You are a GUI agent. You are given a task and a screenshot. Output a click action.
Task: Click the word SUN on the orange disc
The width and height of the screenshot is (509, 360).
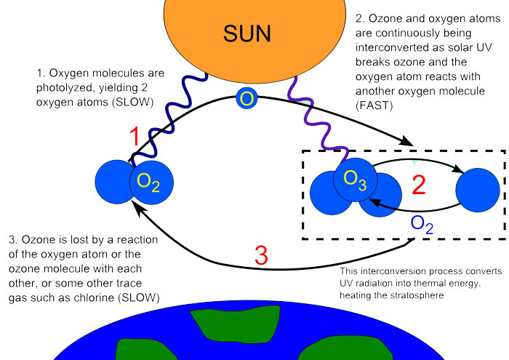point(247,33)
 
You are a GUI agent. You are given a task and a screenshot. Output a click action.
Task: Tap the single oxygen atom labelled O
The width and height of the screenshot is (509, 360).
point(247,98)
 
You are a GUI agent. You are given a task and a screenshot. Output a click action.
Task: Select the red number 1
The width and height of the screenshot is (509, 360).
point(135,137)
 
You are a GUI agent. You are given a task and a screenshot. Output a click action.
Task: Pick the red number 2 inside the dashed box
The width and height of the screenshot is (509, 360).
point(418,185)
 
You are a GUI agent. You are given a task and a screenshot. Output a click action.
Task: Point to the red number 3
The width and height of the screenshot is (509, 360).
point(261,255)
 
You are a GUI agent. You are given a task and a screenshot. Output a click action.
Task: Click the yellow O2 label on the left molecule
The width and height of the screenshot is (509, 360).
point(148,182)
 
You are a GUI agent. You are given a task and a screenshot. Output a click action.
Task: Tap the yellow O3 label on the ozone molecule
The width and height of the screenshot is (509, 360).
point(355,180)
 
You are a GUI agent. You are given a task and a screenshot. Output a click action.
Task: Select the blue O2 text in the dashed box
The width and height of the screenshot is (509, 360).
point(422,225)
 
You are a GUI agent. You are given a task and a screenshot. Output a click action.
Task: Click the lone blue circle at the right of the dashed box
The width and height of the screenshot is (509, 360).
point(478,190)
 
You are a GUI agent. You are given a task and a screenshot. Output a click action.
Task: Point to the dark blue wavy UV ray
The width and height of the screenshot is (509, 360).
point(171,119)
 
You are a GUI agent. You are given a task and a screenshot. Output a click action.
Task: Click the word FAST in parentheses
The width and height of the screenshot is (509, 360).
point(374,105)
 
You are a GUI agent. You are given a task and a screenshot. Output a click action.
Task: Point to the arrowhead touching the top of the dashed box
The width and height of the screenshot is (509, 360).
point(406,141)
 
